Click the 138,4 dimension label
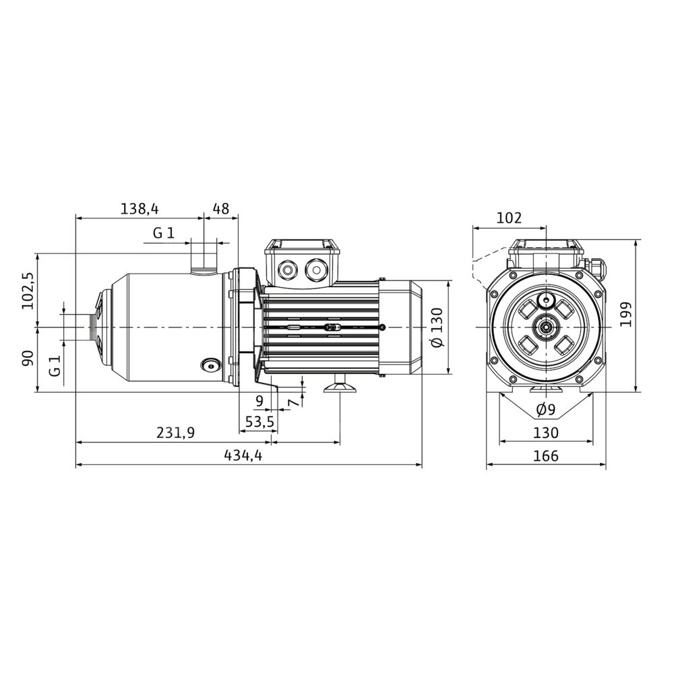tap(140, 209)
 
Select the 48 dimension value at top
tap(221, 209)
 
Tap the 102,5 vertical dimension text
tap(28, 290)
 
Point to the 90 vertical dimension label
tap(28, 358)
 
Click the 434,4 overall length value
tap(243, 455)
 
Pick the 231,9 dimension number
tap(175, 433)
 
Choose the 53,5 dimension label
tap(259, 422)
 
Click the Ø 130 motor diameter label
tap(437, 328)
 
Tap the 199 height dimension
tap(626, 314)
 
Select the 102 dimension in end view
tap(510, 218)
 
